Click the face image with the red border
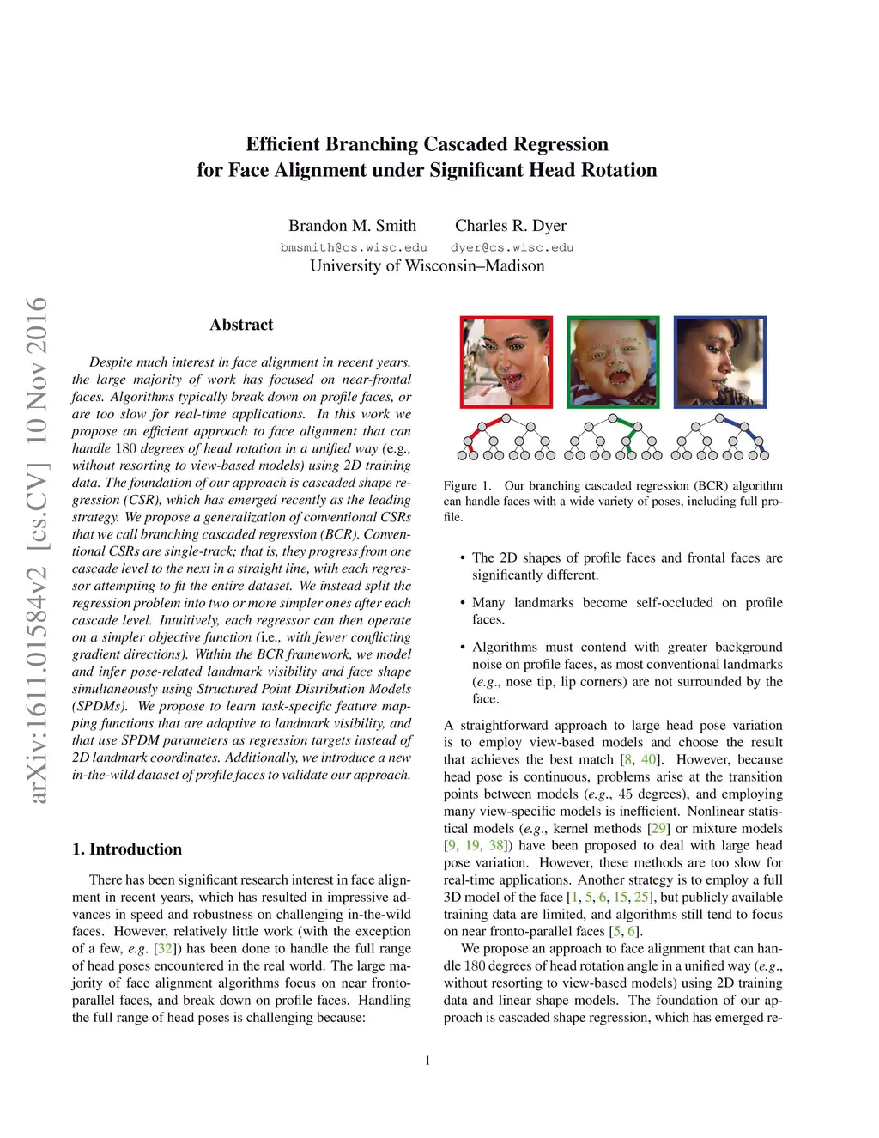point(506,362)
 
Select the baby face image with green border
point(613,362)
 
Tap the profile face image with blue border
point(719,362)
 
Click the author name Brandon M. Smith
point(352,226)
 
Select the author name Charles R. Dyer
point(511,226)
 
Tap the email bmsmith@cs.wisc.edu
point(354,247)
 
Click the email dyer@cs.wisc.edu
point(512,247)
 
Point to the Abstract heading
point(241,325)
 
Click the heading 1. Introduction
point(127,849)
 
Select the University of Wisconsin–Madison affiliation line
point(427,265)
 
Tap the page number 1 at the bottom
point(427,1060)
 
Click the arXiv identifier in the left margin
point(37,550)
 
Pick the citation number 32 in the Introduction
point(165,949)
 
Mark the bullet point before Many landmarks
point(463,603)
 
